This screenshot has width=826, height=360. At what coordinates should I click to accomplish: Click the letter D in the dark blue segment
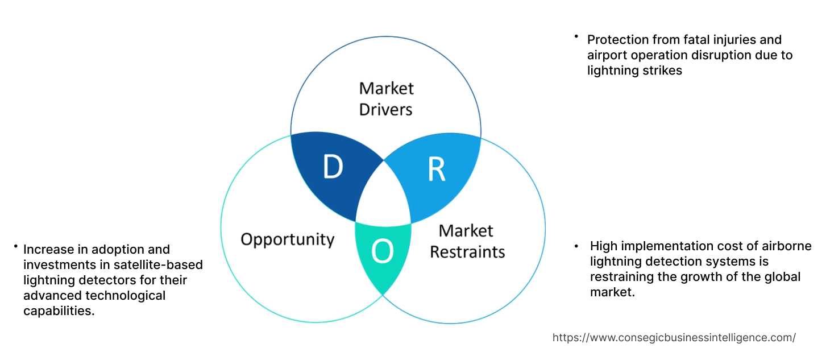coord(333,167)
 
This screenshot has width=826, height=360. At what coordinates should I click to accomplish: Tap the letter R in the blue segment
coord(436,169)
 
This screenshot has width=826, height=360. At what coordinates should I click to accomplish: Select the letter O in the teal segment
coord(383,252)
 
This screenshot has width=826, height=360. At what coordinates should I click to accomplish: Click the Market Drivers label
coord(386,98)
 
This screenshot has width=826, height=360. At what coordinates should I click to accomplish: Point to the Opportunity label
coord(287,239)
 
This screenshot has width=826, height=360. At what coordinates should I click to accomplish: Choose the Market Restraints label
coord(467,241)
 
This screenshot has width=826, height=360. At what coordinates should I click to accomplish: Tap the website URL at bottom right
coord(674,337)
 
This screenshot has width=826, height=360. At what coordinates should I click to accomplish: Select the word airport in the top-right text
coord(608,55)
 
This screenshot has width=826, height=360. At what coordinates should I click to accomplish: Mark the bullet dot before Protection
coord(576,36)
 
